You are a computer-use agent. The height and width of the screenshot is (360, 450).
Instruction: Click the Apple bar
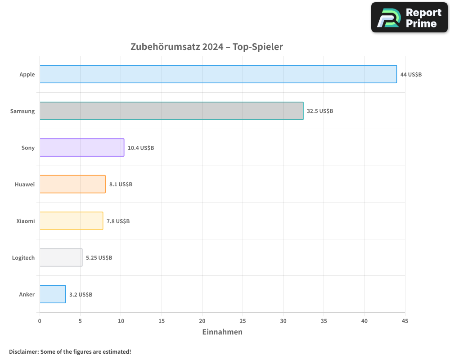pos(218,74)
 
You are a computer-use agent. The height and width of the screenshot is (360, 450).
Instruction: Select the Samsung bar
pos(171,111)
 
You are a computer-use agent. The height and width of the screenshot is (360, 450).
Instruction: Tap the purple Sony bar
pos(82,148)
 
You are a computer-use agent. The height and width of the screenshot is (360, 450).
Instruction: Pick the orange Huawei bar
pos(72,184)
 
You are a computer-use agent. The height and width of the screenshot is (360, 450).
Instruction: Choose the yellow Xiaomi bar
pos(71,221)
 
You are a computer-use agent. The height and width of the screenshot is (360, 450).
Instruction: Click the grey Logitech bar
pos(61,257)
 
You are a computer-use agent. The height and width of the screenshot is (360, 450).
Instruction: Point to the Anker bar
pos(53,294)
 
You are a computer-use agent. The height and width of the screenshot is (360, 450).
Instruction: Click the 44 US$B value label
pos(411,74)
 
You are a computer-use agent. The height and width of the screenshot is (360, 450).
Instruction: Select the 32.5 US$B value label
pos(320,111)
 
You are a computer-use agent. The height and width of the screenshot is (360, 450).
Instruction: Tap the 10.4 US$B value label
pos(141,148)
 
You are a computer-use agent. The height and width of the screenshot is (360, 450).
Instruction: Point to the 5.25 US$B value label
pos(99,257)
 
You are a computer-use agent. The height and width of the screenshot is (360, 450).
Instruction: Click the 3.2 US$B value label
pos(81,294)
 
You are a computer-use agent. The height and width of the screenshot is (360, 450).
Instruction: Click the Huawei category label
pos(24,184)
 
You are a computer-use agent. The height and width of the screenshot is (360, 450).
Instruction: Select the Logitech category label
pos(23,257)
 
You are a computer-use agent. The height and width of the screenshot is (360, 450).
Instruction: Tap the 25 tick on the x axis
pos(243,321)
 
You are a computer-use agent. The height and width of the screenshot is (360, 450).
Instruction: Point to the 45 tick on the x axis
pos(405,321)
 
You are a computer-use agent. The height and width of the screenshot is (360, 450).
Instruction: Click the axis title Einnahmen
pos(222,332)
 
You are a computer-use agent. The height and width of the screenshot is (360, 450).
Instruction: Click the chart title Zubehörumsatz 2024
pos(207,47)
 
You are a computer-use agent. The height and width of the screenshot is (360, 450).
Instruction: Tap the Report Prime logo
pos(409,18)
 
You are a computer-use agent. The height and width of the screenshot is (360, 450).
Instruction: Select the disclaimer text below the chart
pos(70,351)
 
